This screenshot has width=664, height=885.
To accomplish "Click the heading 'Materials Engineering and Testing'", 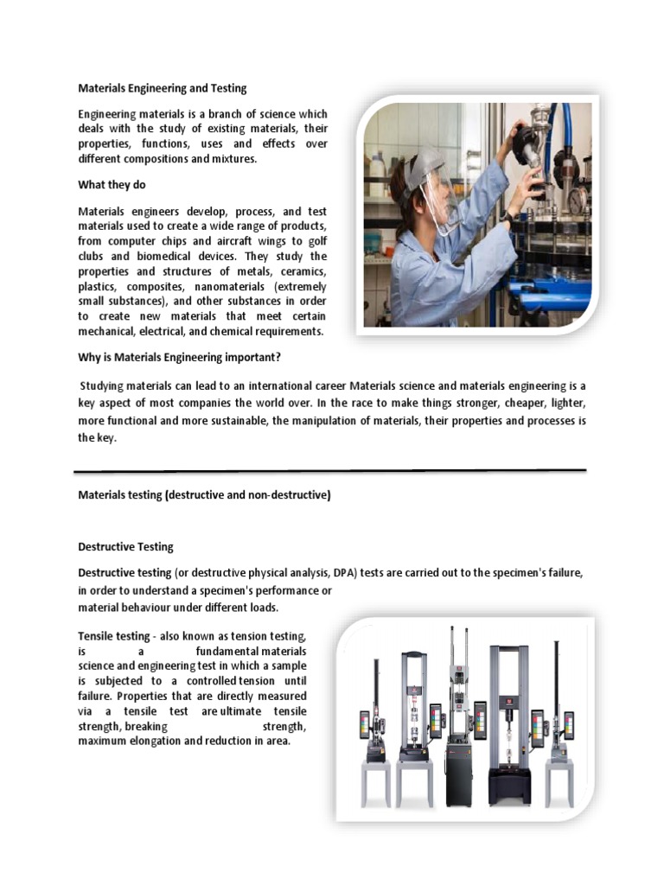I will (163, 88).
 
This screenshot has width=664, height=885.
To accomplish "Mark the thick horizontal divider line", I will (329, 472).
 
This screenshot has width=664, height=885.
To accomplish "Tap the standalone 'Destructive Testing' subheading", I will (126, 547).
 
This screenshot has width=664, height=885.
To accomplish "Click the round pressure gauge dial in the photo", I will (577, 200).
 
